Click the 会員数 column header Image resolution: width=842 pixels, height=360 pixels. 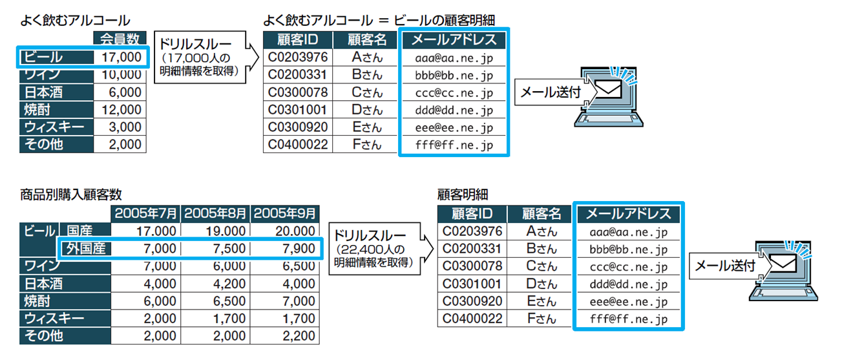pos(120,39)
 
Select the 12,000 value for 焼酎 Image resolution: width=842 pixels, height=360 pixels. pos(121,110)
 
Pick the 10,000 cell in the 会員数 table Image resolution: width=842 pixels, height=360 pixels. pos(121,75)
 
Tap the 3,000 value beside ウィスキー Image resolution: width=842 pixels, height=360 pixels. pos(125,127)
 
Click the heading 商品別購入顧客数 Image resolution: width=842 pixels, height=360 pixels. pos(70,195)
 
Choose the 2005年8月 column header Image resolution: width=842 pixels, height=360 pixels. pos(215,213)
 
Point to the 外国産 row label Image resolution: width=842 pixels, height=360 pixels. pos(86,248)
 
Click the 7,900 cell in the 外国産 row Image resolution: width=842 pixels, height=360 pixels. pos(299,248)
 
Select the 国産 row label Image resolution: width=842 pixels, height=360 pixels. pos(79,231)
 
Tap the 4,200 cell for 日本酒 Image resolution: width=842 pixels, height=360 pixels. pos(229,283)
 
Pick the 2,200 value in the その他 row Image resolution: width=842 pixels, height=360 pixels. pos(299,335)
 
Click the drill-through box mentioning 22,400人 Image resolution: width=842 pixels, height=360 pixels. pos(374,249)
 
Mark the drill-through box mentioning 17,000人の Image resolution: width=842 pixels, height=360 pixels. pos(200,57)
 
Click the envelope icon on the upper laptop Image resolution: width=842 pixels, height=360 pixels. pos(608,89)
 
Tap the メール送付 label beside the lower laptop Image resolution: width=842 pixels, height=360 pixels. pos(725,266)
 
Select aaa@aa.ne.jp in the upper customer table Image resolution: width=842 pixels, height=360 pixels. pos(454,58)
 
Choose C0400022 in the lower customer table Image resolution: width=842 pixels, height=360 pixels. pos(472,319)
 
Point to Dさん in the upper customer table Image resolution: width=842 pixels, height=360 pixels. pos(367,110)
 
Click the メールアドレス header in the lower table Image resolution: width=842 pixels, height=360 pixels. pos(629,213)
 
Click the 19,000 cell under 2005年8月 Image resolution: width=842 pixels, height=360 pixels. pos(226,231)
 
